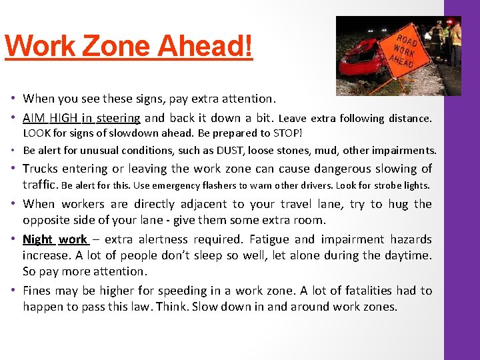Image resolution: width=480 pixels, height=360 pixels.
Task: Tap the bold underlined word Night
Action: [37, 239]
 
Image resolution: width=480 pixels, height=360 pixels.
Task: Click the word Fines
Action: [37, 291]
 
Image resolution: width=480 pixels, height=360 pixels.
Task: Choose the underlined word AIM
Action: [34, 119]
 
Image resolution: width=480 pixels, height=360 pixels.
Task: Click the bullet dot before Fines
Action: [13, 291]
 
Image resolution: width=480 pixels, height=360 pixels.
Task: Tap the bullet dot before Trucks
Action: [13, 169]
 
